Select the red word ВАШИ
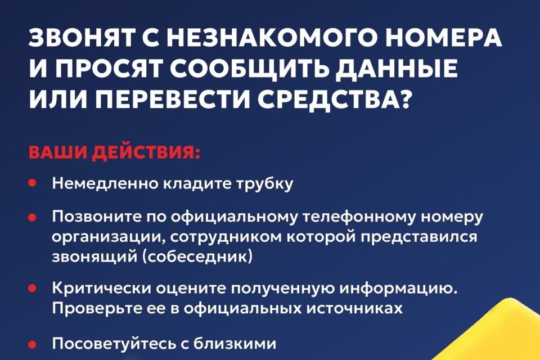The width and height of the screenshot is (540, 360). pos(51,153)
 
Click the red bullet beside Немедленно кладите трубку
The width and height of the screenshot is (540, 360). pos(32,183)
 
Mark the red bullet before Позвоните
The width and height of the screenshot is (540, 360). pos(32,217)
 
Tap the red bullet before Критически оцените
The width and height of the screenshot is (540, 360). pos(32,287)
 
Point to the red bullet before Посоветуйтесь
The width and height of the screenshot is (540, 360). pos(32,343)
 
